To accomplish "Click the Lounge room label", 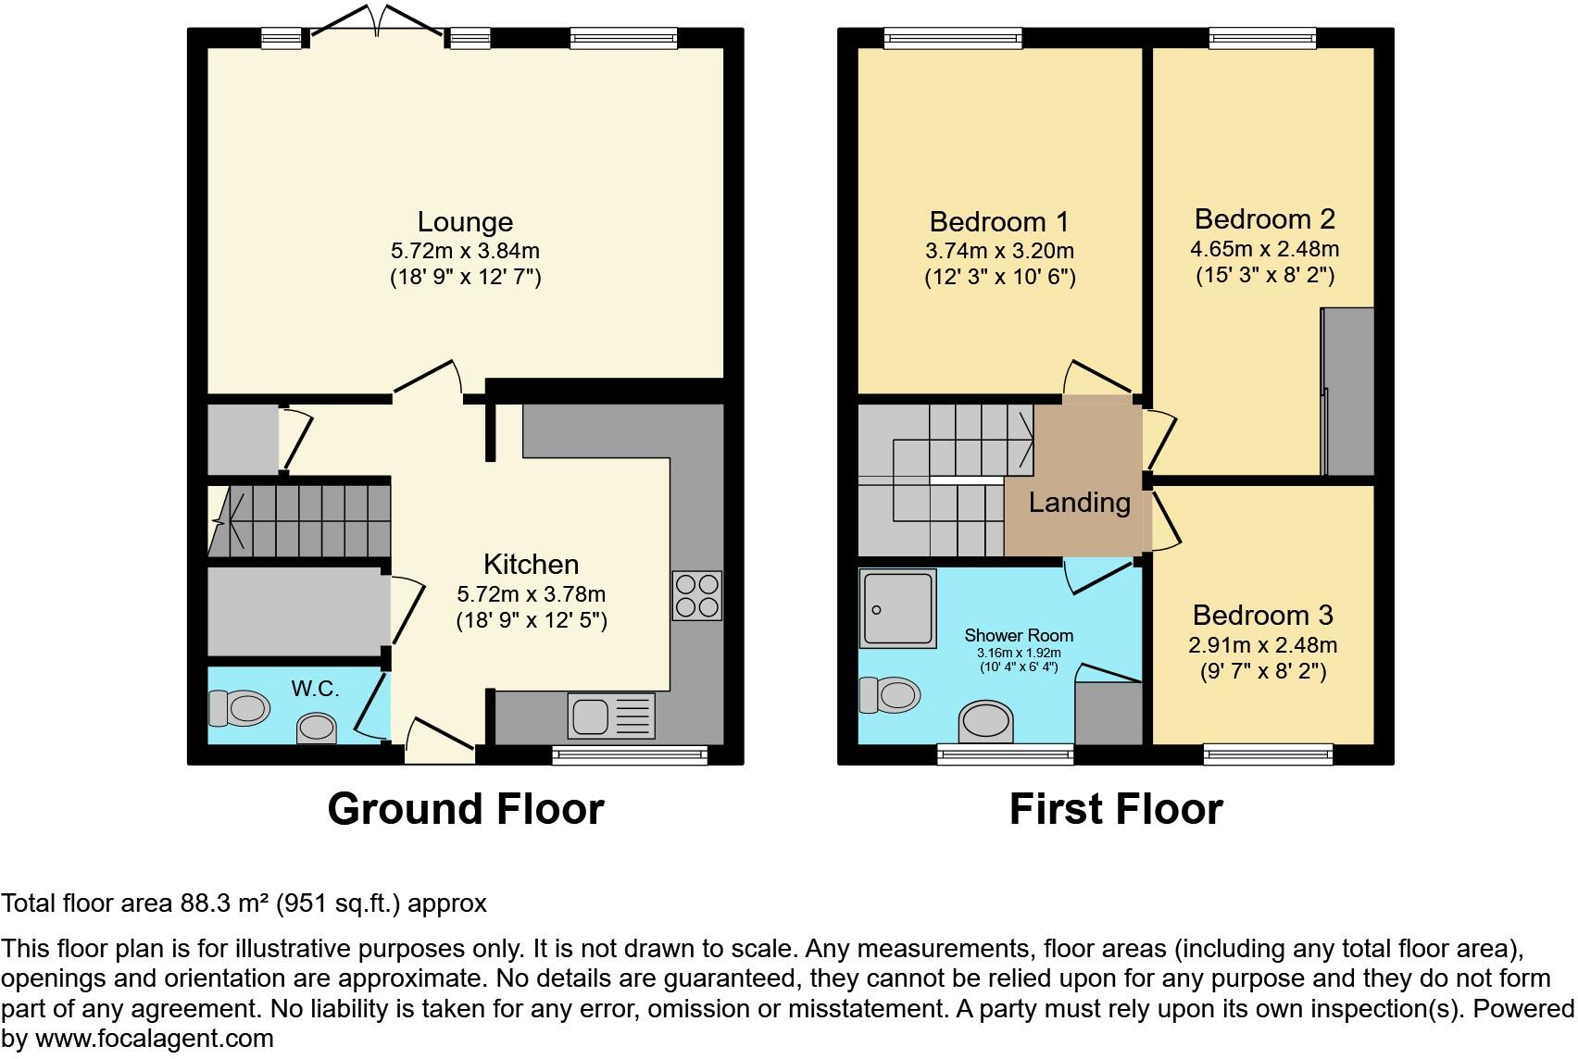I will tap(465, 222).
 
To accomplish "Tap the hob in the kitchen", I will tap(696, 595).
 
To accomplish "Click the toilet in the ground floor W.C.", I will tap(240, 709).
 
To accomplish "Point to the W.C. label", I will tap(316, 689).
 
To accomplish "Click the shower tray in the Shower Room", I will tap(898, 607).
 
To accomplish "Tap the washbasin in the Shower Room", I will tap(986, 721).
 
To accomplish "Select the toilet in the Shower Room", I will tap(890, 694).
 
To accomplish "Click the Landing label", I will tap(1080, 503).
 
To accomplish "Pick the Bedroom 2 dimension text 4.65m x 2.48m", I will tap(1264, 249).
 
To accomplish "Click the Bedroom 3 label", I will tap(1263, 615).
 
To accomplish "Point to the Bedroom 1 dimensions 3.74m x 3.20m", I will tap(999, 251).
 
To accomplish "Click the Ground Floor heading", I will tap(466, 809).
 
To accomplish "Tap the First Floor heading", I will tap(1116, 809).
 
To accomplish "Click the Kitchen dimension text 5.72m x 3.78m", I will tap(531, 594).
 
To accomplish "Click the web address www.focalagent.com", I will tap(154, 1039).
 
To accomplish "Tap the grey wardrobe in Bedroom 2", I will tap(1347, 392).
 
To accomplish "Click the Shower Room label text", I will tap(1019, 635).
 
